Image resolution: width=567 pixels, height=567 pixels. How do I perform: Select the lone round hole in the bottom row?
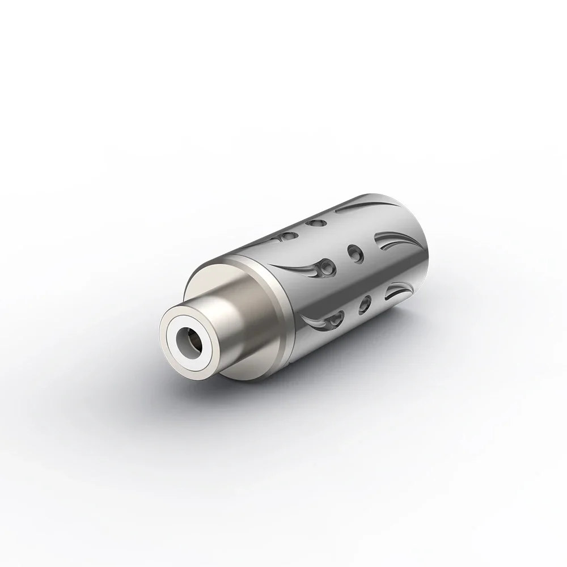click(x=366, y=301)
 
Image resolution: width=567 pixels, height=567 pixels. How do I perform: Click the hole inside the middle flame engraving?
click(x=325, y=265)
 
